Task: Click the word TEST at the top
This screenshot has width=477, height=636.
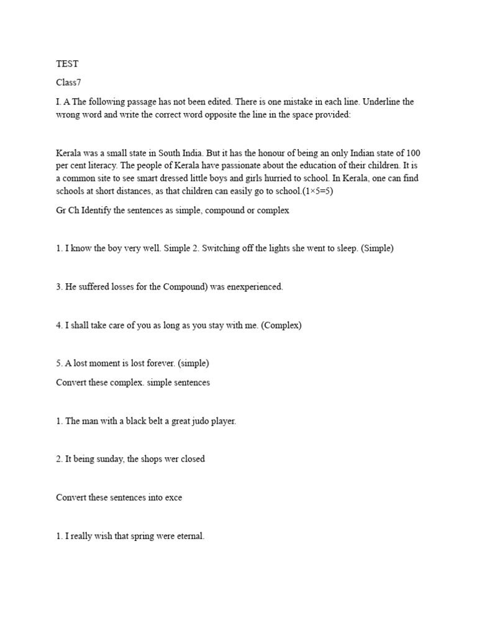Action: (x=68, y=64)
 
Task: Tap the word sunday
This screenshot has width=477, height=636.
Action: (x=116, y=460)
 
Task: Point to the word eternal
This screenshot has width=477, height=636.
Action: (x=188, y=536)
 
